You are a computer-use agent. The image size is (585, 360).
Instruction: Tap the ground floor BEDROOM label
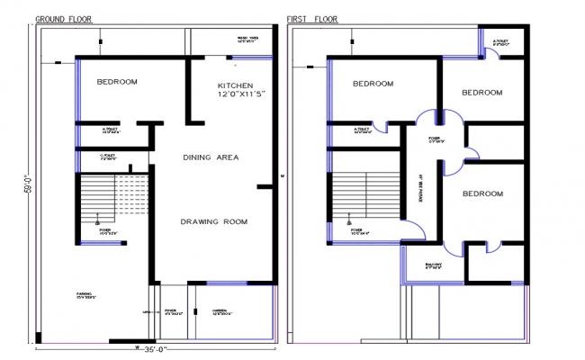click(x=117, y=82)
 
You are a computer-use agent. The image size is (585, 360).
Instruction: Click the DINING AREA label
click(x=211, y=157)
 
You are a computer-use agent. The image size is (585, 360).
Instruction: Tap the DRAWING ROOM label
click(x=213, y=221)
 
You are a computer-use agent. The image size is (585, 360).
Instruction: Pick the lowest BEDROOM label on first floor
click(x=483, y=193)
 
